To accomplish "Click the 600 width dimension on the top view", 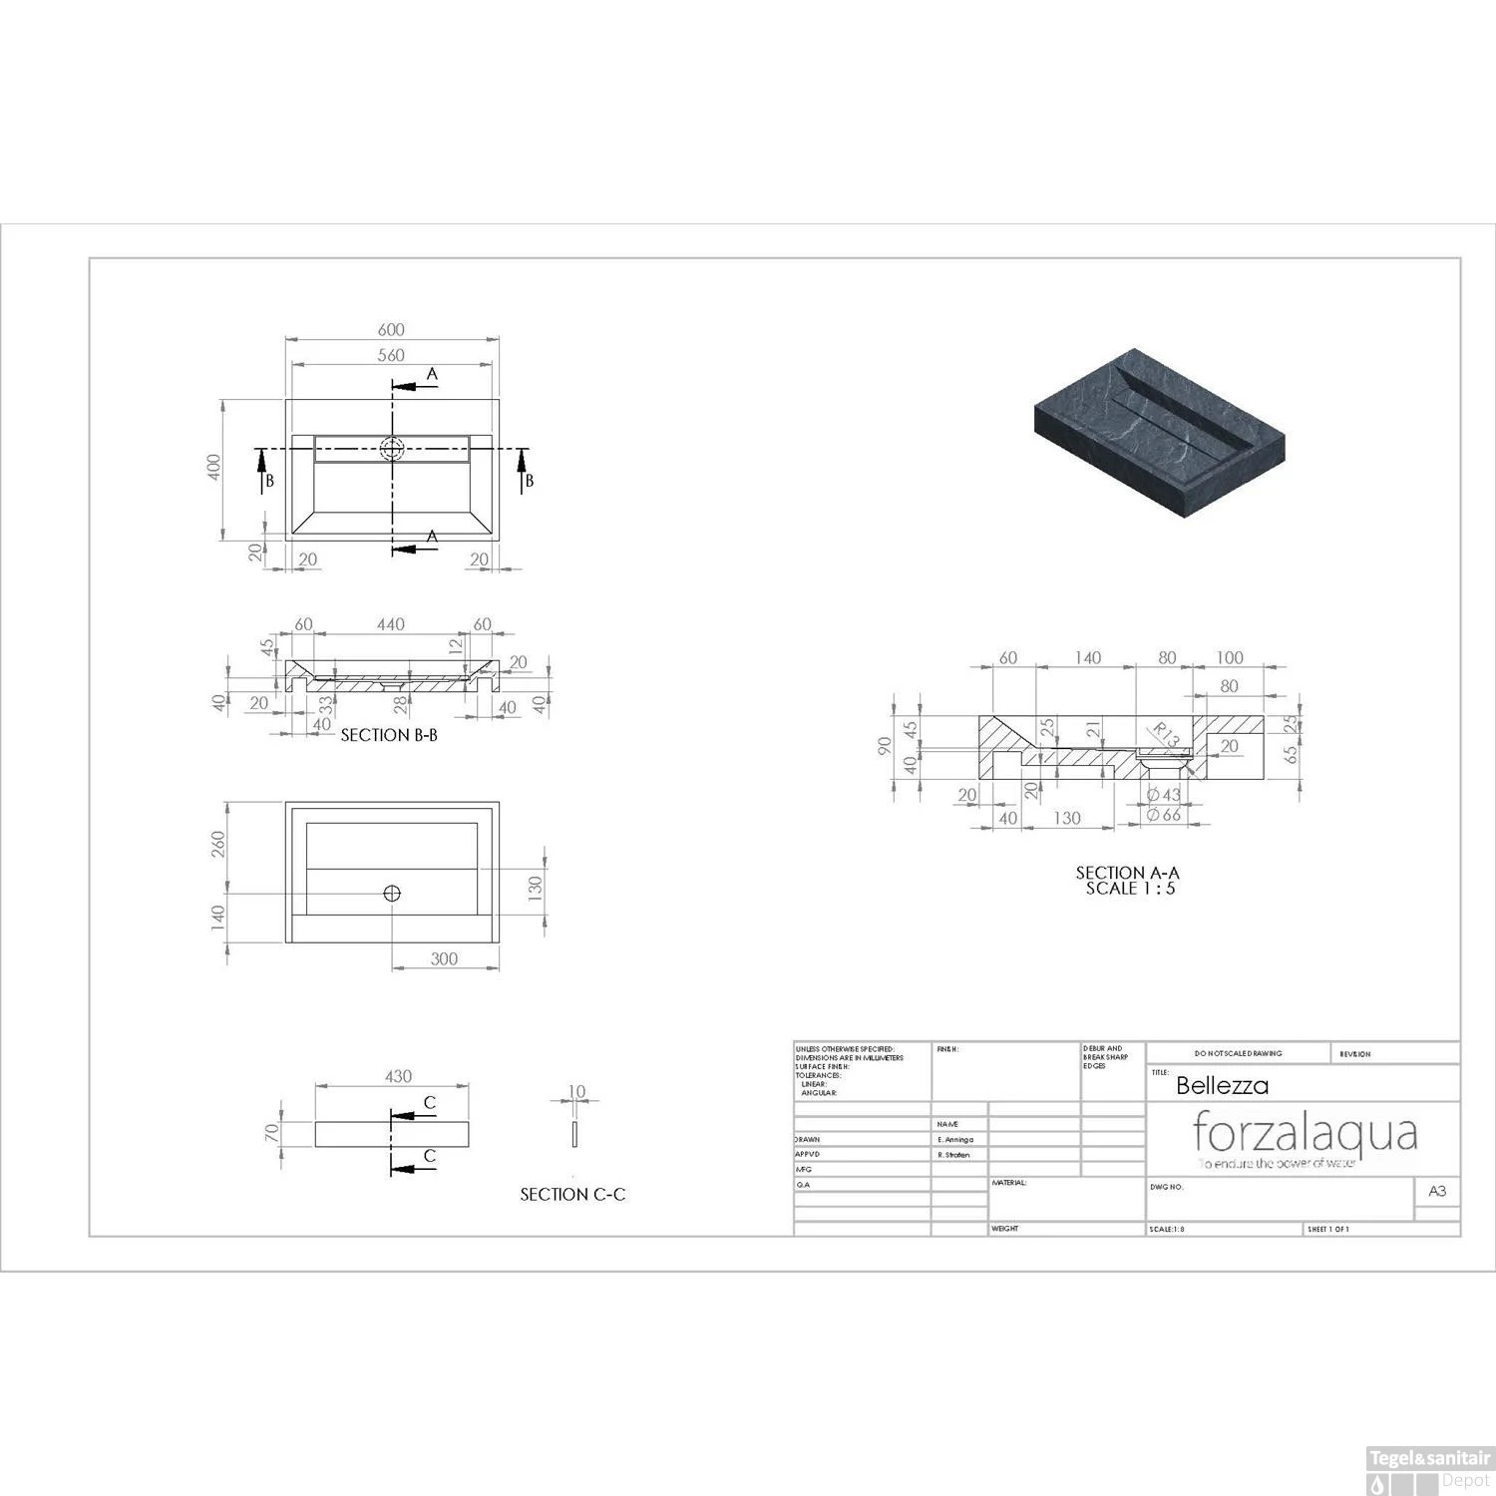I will point(391,330).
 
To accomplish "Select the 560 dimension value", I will point(391,355).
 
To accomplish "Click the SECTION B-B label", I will point(389,735).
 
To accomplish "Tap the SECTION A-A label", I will point(1127,873).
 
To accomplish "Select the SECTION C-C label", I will point(572,1194).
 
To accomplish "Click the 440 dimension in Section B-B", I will point(390,624).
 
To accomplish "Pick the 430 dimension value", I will point(398,1076).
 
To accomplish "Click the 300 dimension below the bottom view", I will point(444,958).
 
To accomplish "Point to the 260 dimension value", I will point(218,844).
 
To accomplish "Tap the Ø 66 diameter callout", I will point(1163,815).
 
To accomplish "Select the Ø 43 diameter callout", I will point(1163,795).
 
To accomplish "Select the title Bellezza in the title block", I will point(1222,1085).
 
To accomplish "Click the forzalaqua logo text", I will point(1305,1133).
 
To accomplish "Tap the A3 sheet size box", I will point(1437,1191).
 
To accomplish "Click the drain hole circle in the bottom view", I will point(392,894).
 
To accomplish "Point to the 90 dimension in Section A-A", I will point(884,746).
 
